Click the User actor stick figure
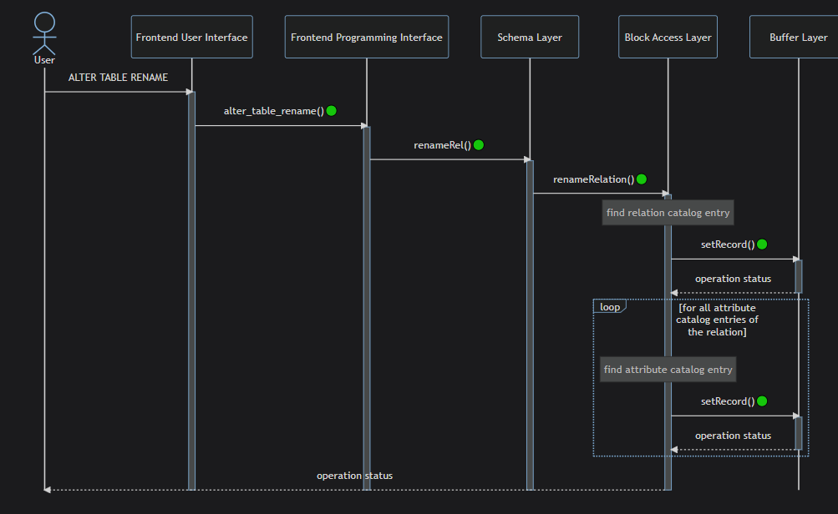tap(44, 33)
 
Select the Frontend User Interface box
tap(192, 37)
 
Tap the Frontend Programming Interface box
tap(367, 37)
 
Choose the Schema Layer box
tap(530, 37)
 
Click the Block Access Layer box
tap(668, 37)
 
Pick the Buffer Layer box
tap(795, 37)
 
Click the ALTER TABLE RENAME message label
tap(118, 78)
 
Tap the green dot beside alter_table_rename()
tap(332, 110)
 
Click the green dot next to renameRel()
tap(479, 144)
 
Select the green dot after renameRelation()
tap(642, 179)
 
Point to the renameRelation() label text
tap(593, 179)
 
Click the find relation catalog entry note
tap(668, 213)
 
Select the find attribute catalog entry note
tap(668, 370)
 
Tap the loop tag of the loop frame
tap(610, 306)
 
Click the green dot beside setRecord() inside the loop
tap(762, 401)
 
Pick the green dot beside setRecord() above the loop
tap(762, 244)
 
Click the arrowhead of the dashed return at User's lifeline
tap(48, 490)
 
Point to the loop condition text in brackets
tap(717, 320)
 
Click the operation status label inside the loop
tap(733, 436)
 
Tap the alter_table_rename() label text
tap(274, 111)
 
